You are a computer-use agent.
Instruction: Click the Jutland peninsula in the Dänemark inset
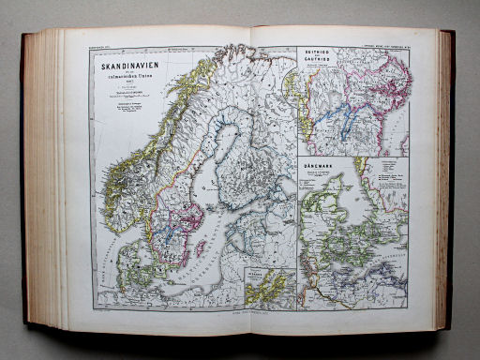pyautogui.click(x=329, y=220)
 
